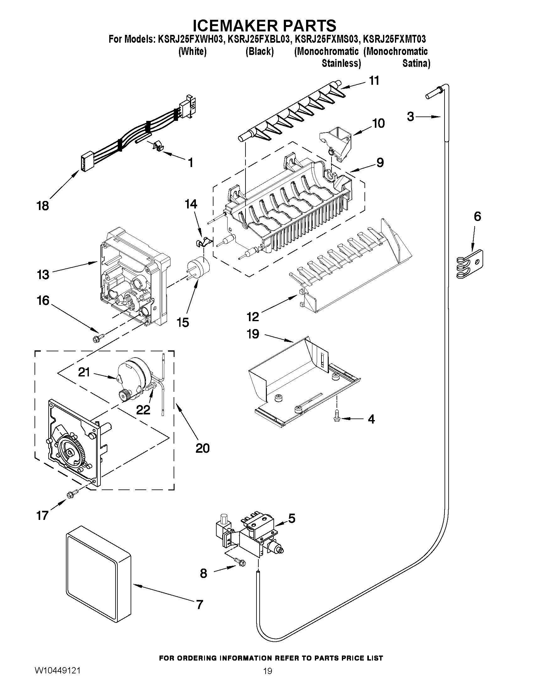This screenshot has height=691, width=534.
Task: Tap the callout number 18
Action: point(43,206)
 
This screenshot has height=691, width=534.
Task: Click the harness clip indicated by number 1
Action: point(158,146)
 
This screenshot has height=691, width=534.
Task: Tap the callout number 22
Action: point(143,410)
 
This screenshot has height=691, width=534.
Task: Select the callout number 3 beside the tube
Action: point(410,117)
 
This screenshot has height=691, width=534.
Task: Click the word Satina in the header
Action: point(416,64)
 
